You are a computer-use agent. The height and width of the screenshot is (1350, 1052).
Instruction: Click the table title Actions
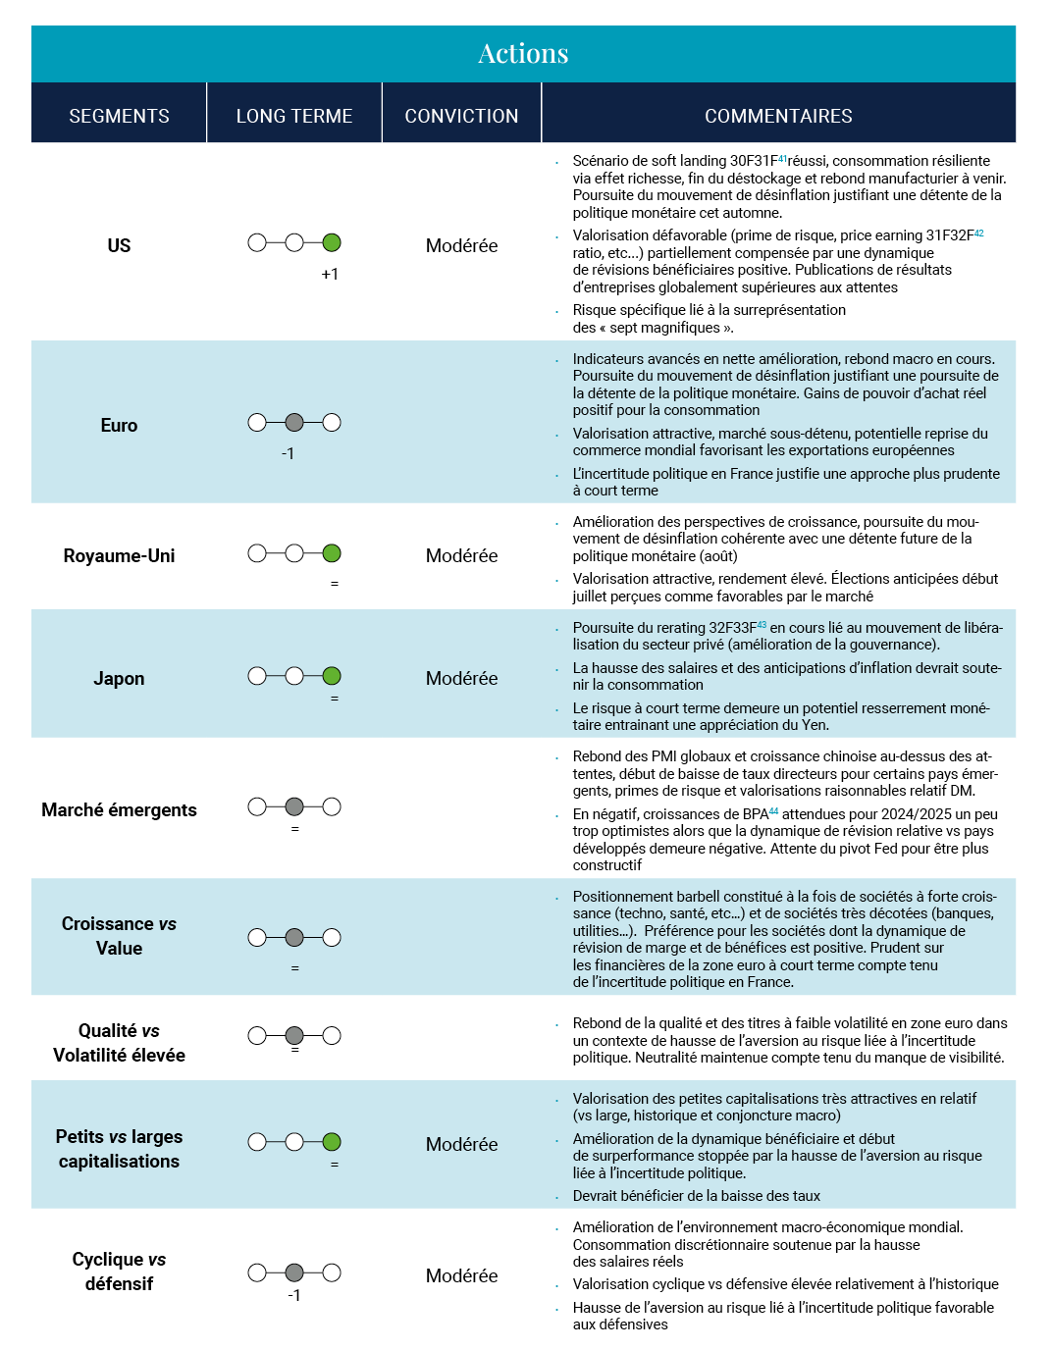point(523,54)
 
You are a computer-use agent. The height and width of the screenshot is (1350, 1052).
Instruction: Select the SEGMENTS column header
point(119,116)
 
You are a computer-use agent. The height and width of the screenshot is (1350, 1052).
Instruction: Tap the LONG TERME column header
point(294,116)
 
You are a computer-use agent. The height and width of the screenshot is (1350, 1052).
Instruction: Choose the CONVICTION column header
point(461,116)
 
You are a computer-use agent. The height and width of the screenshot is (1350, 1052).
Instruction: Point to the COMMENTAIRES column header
point(778,116)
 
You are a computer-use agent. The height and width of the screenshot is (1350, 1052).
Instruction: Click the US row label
point(119,245)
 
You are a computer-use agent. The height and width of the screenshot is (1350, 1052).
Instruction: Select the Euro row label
point(119,425)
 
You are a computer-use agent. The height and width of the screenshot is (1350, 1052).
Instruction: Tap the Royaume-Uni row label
point(119,555)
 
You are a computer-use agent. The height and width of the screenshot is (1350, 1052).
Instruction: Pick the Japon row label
point(119,678)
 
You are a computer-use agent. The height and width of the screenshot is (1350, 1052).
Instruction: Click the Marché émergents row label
point(119,809)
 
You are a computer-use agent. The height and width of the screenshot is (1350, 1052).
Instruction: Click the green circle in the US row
point(332,242)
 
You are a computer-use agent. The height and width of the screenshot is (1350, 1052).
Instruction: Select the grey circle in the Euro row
point(294,423)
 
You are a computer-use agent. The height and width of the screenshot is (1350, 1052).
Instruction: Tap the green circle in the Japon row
point(332,676)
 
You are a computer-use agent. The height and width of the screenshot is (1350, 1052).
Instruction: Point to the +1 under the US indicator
point(330,274)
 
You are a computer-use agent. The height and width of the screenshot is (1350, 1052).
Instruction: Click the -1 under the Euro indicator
point(288,453)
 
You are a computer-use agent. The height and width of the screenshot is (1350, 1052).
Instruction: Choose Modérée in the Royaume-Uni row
point(461,555)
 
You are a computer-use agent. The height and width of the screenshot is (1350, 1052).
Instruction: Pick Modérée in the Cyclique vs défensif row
point(461,1275)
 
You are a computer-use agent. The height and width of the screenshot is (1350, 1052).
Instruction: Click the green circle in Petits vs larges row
point(332,1142)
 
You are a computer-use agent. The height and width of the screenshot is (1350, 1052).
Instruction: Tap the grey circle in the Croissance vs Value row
point(294,938)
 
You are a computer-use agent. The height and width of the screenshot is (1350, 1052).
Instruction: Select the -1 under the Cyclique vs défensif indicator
point(294,1295)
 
